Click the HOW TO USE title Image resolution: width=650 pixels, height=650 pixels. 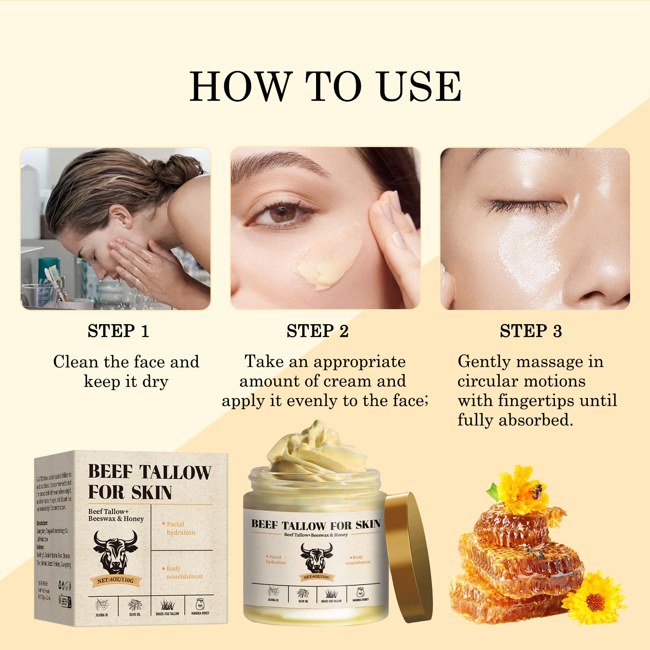(325, 86)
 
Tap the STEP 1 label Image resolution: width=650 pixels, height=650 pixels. (118, 331)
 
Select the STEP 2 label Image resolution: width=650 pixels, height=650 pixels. (317, 331)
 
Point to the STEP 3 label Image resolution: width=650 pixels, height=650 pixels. (531, 331)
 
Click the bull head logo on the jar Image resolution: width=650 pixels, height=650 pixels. (316, 558)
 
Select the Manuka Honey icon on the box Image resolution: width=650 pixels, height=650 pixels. (200, 606)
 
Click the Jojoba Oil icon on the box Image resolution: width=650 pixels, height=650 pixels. (102, 606)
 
